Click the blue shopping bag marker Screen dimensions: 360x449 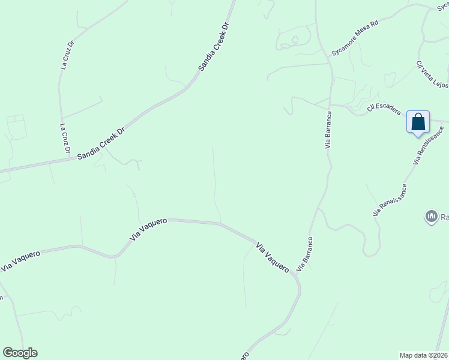click(x=418, y=122)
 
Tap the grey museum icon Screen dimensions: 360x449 click(x=430, y=216)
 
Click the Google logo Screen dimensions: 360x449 click(x=20, y=353)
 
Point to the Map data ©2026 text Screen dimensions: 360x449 click(x=424, y=355)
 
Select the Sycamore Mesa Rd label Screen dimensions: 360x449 click(x=355, y=38)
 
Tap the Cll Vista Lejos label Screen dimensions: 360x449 click(x=432, y=74)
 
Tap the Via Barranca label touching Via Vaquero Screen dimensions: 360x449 click(x=304, y=254)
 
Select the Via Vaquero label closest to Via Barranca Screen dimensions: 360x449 click(x=273, y=257)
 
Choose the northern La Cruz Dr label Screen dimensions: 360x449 click(x=67, y=55)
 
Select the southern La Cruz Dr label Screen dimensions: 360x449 click(x=64, y=138)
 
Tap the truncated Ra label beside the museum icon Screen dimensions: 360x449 click(x=444, y=217)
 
